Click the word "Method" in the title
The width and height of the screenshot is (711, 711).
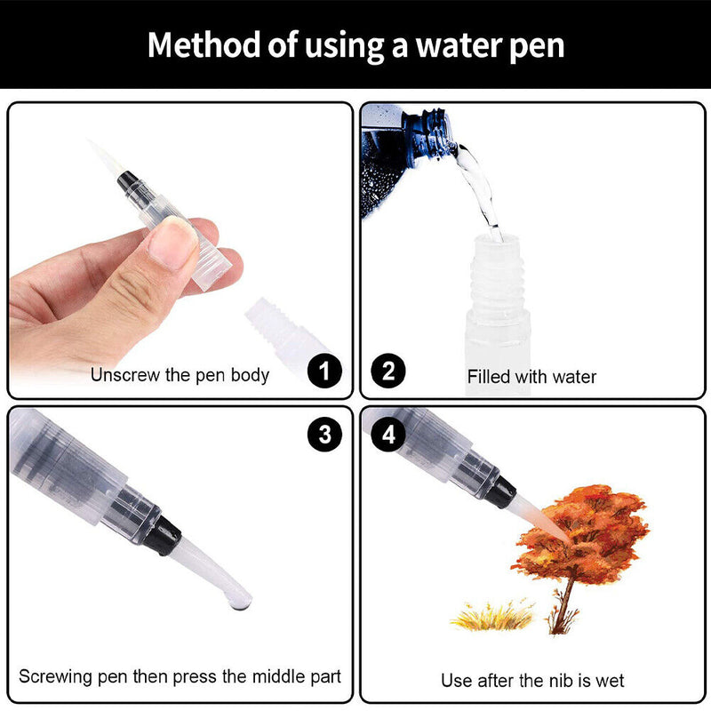click(x=205, y=45)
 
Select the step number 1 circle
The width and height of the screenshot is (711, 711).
click(x=324, y=371)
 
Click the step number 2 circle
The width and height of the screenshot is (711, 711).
click(x=388, y=371)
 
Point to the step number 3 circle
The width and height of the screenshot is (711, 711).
click(x=324, y=435)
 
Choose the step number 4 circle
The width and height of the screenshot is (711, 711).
click(x=388, y=435)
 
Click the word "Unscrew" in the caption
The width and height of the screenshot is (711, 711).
click(x=124, y=375)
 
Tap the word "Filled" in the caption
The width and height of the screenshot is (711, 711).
click(x=489, y=377)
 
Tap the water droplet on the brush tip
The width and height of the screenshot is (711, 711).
click(x=240, y=603)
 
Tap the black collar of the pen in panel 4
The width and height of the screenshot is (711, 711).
click(x=500, y=491)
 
